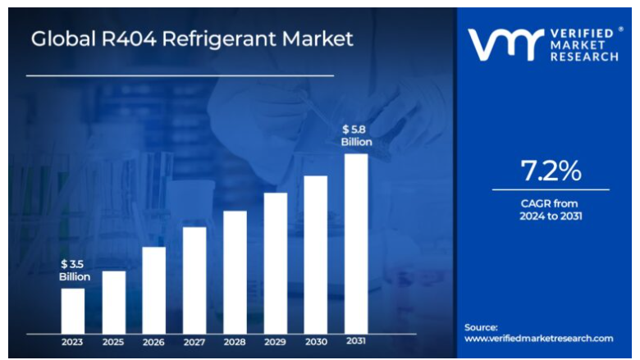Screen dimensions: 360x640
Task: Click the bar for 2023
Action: (x=73, y=311)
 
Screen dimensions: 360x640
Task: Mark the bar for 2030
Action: (x=316, y=254)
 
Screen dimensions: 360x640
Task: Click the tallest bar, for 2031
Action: (x=356, y=244)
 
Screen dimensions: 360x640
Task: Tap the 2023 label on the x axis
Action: (x=73, y=342)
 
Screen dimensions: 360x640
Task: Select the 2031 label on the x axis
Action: (x=356, y=341)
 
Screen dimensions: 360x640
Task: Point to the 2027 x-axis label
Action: (x=194, y=342)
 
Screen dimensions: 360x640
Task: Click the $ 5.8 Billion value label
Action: (x=356, y=135)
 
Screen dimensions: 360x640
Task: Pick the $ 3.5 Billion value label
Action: (x=74, y=270)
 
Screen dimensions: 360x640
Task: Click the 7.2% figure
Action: (x=551, y=171)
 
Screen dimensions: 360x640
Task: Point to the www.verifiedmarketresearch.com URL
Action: (x=539, y=338)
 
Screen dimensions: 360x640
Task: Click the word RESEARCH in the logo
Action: (x=585, y=57)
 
